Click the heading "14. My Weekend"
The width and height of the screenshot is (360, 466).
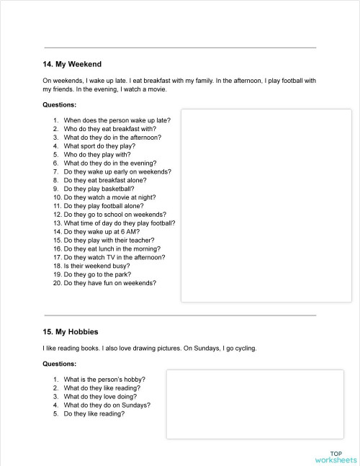coord(72,64)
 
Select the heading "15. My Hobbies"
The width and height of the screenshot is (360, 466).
coord(71,331)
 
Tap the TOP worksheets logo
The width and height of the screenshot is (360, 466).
coord(336,456)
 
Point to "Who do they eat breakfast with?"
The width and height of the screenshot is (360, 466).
coord(109,128)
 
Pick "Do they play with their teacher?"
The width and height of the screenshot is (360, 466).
coord(109,241)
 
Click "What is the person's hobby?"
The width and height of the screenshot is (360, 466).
coord(104,379)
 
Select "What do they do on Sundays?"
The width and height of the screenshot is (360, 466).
coord(107,405)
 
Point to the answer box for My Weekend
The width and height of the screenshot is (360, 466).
coord(266,205)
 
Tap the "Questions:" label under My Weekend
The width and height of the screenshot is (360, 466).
coord(60,104)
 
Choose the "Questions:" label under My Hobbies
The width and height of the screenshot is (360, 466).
coord(60,364)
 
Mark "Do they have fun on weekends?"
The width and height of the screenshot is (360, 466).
coord(109,283)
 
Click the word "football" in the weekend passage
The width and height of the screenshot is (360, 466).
coord(289,81)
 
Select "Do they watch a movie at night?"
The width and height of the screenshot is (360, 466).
coord(109,197)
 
